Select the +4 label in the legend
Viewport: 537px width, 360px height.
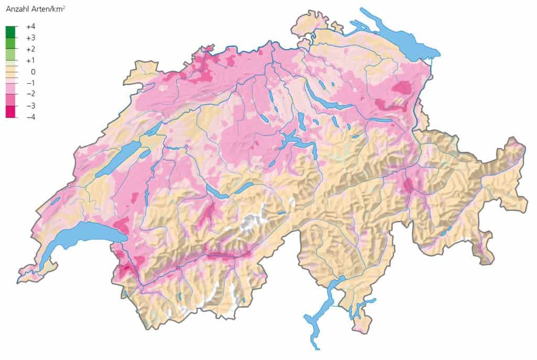(30, 26)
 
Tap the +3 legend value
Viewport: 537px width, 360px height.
(30, 38)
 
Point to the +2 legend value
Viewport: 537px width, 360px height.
(30, 49)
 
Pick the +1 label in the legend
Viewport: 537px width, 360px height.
(30, 60)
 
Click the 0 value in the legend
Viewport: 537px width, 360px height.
(33, 72)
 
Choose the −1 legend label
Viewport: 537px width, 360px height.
(30, 83)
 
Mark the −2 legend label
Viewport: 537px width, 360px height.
(30, 94)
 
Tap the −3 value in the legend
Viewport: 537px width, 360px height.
(30, 106)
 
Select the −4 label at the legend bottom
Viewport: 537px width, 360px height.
(30, 117)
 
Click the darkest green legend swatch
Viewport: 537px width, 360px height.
(11, 32)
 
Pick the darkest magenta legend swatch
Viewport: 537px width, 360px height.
(11, 111)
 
